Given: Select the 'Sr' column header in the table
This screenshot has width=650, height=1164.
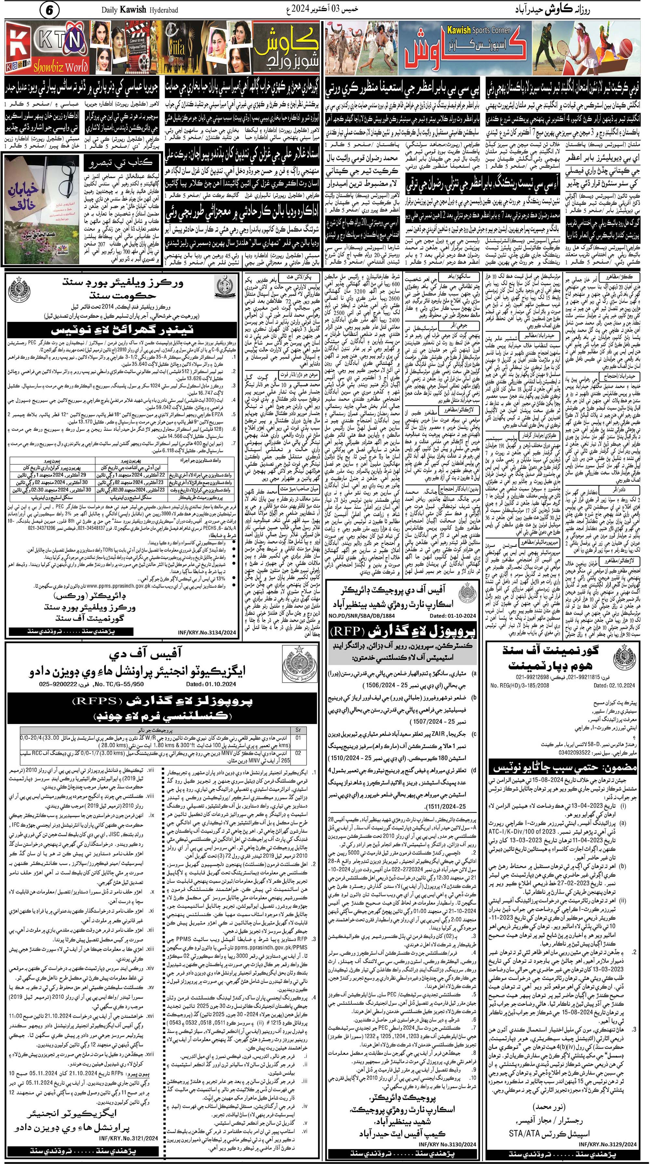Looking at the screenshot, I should coord(298,729).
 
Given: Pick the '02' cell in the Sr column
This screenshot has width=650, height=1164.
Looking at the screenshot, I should coord(298,753).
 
